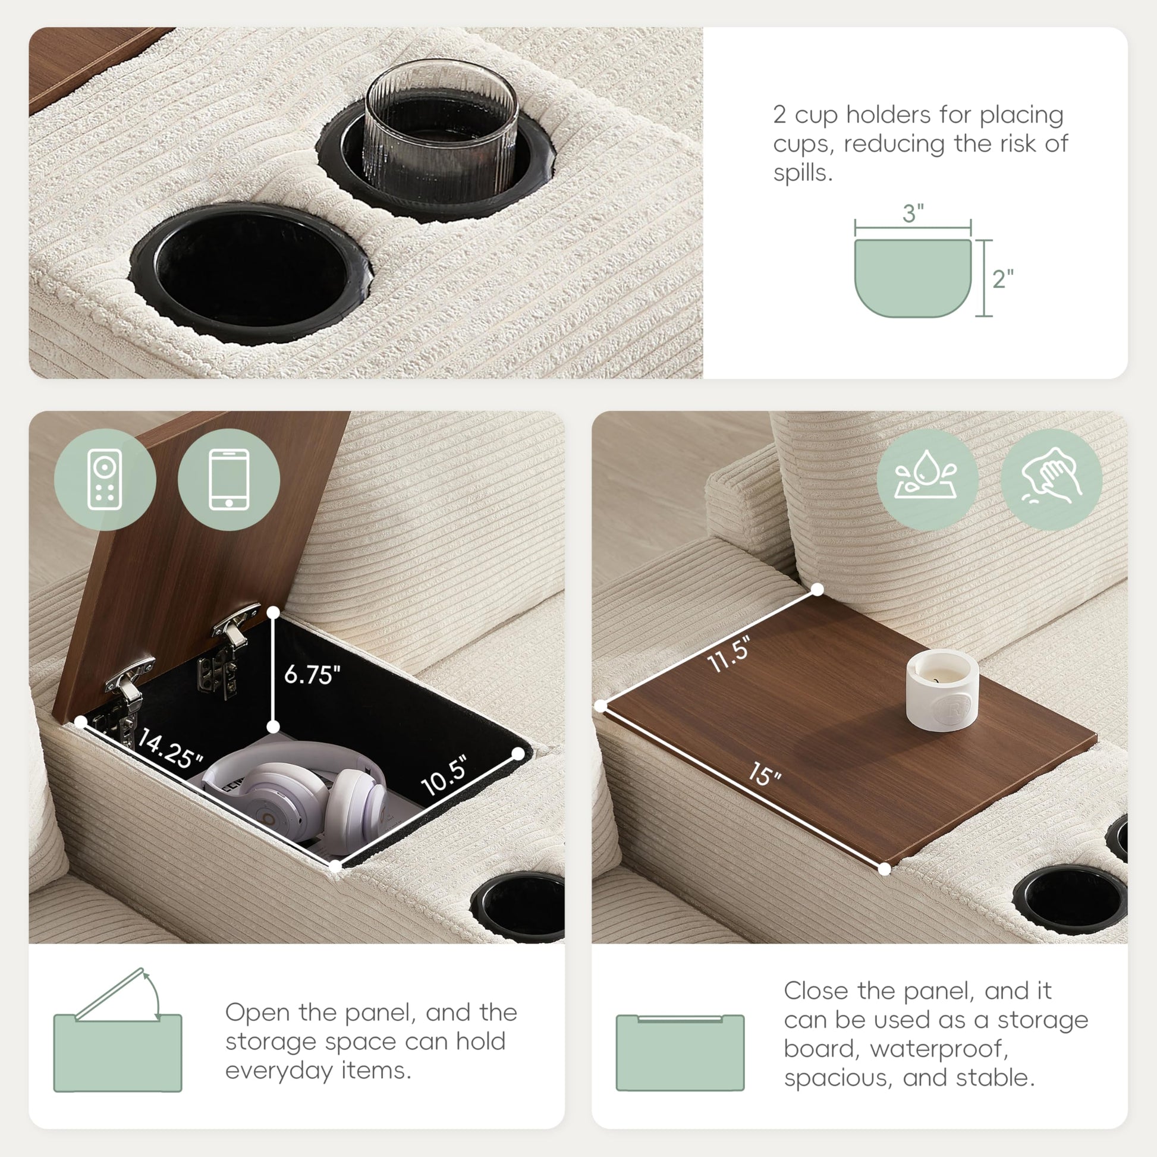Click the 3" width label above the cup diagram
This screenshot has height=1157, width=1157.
click(x=913, y=213)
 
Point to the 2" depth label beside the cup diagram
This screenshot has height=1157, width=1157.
click(x=1002, y=278)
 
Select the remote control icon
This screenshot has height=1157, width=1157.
click(x=105, y=480)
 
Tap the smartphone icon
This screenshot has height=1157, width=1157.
click(x=229, y=480)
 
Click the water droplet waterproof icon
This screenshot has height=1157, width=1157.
click(x=927, y=480)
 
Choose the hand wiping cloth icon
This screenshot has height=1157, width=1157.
click(x=1052, y=480)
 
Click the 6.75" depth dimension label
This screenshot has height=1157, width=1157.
click(x=312, y=674)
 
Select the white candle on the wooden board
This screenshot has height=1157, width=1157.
click(x=942, y=690)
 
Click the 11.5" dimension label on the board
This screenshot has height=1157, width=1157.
click(x=729, y=655)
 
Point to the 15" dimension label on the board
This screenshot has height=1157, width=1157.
click(x=765, y=774)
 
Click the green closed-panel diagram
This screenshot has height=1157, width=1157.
click(x=680, y=1053)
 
